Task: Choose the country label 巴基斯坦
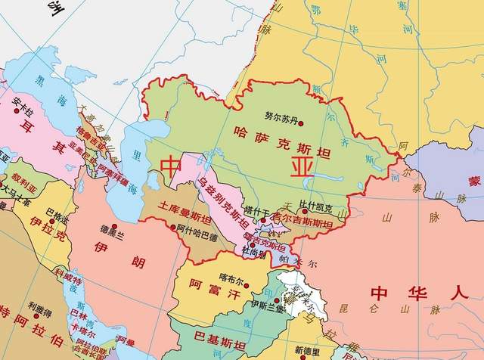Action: click(220, 334)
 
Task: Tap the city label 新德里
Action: click(309, 350)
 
